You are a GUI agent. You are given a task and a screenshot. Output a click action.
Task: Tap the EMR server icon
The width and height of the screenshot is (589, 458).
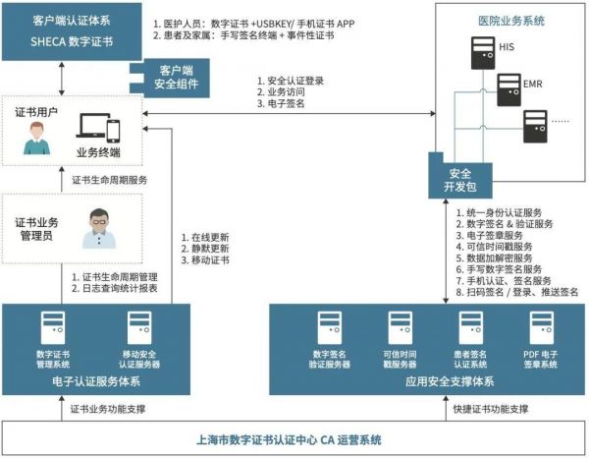(x=510, y=86)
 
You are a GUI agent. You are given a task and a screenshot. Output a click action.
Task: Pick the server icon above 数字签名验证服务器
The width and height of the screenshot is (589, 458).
(x=328, y=327)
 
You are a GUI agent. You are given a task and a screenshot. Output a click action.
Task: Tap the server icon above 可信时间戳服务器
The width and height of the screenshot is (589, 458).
(x=400, y=327)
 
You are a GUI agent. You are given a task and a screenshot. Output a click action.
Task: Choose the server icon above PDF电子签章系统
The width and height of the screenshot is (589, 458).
(x=542, y=327)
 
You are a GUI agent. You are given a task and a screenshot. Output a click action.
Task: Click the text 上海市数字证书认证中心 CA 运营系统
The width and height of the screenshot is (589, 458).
(x=294, y=439)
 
